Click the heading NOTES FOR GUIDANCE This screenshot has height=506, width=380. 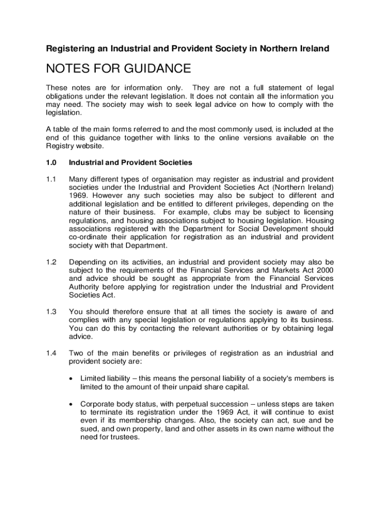pyautogui.click(x=118, y=68)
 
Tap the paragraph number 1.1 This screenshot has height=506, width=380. pyautogui.click(x=51, y=179)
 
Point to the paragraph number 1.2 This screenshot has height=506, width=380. pyautogui.click(x=51, y=261)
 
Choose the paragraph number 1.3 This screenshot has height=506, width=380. pyautogui.click(x=51, y=311)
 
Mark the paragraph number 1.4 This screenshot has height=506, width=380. pyautogui.click(x=51, y=353)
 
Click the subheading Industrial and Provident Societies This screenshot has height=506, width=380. pyautogui.click(x=130, y=163)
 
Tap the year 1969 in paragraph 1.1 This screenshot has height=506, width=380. pyautogui.click(x=77, y=196)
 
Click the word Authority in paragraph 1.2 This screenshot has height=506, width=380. pyautogui.click(x=84, y=287)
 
